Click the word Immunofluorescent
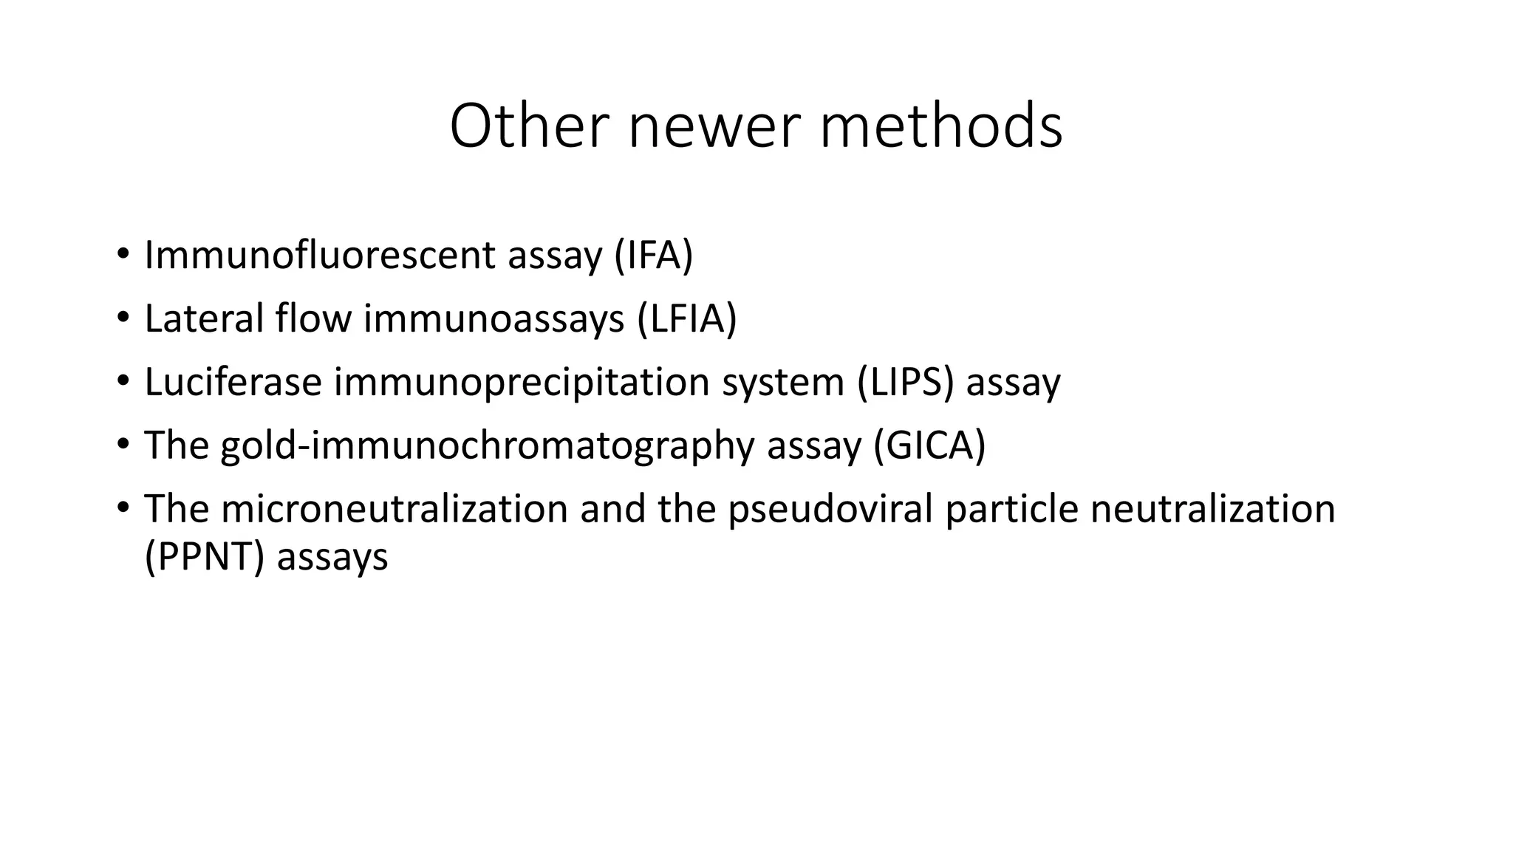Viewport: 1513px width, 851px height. coord(320,255)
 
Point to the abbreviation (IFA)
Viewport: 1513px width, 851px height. coord(653,255)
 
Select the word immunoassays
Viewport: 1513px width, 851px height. coord(493,318)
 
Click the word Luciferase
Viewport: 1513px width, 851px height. coord(233,382)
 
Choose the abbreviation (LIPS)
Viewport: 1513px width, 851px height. coord(905,382)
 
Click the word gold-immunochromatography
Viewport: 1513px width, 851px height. coord(488,445)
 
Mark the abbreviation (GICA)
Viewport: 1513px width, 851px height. coord(929,445)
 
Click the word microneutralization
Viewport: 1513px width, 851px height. coord(394,509)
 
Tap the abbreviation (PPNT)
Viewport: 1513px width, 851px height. coord(204,556)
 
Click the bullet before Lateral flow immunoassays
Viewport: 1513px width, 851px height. coord(123,318)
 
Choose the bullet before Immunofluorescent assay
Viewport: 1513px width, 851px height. coord(123,255)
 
